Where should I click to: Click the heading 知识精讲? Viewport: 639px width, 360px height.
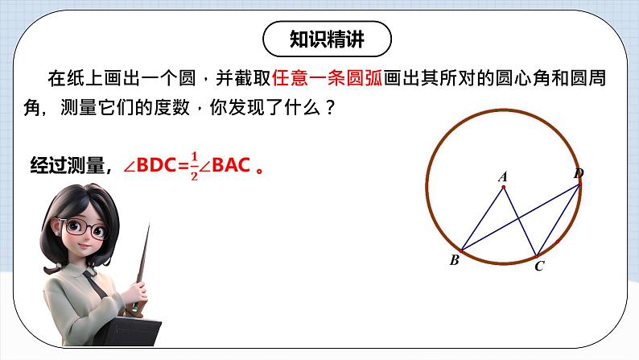[328, 39]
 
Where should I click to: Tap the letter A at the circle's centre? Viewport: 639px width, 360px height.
[503, 176]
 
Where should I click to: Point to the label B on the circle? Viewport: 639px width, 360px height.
[454, 260]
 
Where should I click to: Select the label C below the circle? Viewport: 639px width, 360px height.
[539, 267]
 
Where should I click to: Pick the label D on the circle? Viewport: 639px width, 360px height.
[579, 174]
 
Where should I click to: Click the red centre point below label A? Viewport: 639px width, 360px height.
[503, 188]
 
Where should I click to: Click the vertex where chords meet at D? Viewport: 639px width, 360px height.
[579, 185]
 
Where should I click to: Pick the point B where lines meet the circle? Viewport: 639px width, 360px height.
[461, 249]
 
